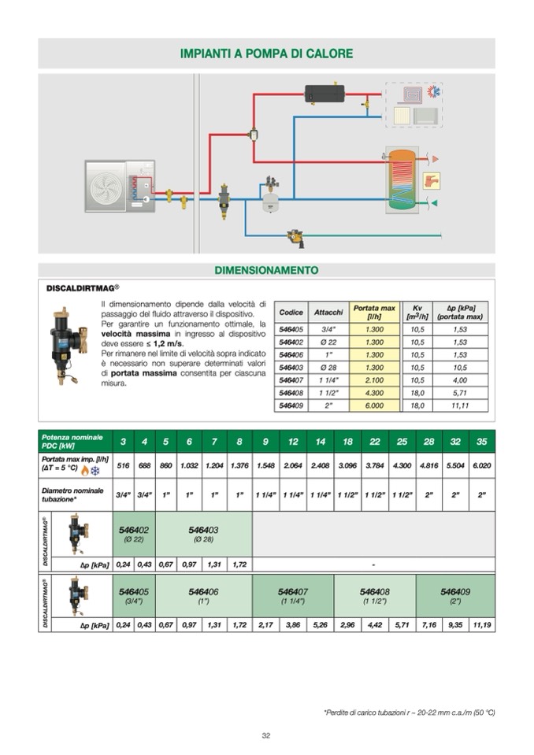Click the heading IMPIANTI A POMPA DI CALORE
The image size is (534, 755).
(x=266, y=54)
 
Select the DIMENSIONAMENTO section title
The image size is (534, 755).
(x=266, y=270)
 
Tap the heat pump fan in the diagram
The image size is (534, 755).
(x=106, y=186)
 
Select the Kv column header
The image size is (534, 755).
(x=417, y=312)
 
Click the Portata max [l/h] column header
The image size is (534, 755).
(x=375, y=312)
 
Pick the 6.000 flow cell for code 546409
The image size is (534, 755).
(x=375, y=405)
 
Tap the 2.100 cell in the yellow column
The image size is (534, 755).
(x=375, y=380)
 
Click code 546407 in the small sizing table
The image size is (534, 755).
(x=291, y=380)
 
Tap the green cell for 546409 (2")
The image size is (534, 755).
(x=455, y=594)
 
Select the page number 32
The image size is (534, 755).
(x=266, y=735)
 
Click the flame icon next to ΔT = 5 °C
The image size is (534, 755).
(x=84, y=471)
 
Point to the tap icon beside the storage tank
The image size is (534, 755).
(x=432, y=180)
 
